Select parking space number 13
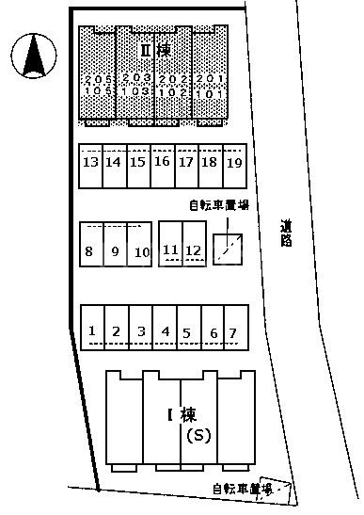pyautogui.click(x=90, y=162)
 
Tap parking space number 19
pyautogui.click(x=234, y=162)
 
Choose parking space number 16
pyautogui.click(x=161, y=162)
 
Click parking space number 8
pyautogui.click(x=88, y=250)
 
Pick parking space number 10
pyautogui.click(x=142, y=250)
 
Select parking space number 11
pyautogui.click(x=170, y=249)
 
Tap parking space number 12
pyautogui.click(x=194, y=249)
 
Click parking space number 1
pyautogui.click(x=92, y=331)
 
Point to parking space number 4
pyautogui.click(x=165, y=331)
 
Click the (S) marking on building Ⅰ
pyautogui.click(x=198, y=436)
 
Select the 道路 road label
pyautogui.click(x=285, y=233)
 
